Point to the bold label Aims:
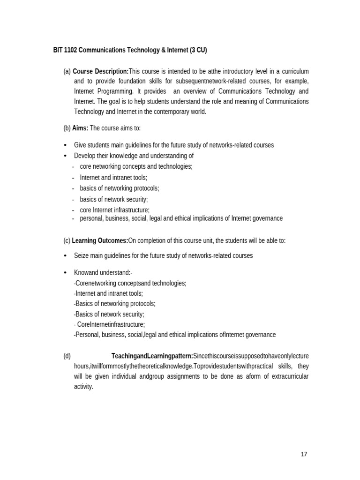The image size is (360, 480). (80, 128)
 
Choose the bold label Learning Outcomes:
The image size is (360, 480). (100, 240)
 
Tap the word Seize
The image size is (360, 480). (82, 255)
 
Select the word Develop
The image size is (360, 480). (85, 156)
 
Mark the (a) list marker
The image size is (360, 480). (67, 71)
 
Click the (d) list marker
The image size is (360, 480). (67, 356)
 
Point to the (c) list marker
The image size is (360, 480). (67, 240)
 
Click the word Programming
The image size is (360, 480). (116, 91)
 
